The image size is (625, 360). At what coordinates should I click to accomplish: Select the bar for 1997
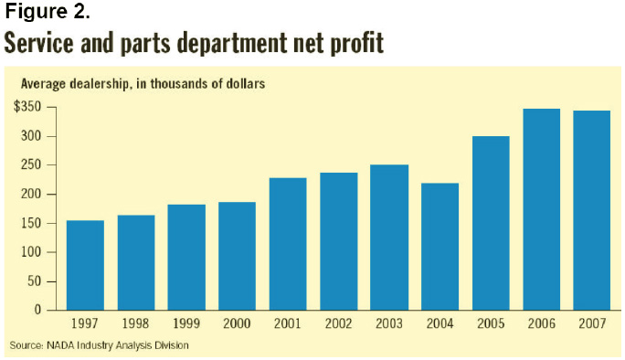pos(85,265)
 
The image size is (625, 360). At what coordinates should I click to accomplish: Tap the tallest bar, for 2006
pos(541,209)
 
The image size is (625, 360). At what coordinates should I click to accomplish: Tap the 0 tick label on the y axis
pos(38,310)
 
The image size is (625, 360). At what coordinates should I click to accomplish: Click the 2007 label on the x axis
pos(591,323)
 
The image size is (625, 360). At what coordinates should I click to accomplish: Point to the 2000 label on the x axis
pos(237,323)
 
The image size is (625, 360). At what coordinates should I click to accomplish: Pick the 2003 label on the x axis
pos(388,323)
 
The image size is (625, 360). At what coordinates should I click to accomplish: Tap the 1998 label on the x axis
pos(135,323)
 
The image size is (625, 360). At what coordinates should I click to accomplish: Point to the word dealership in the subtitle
pos(100,84)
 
